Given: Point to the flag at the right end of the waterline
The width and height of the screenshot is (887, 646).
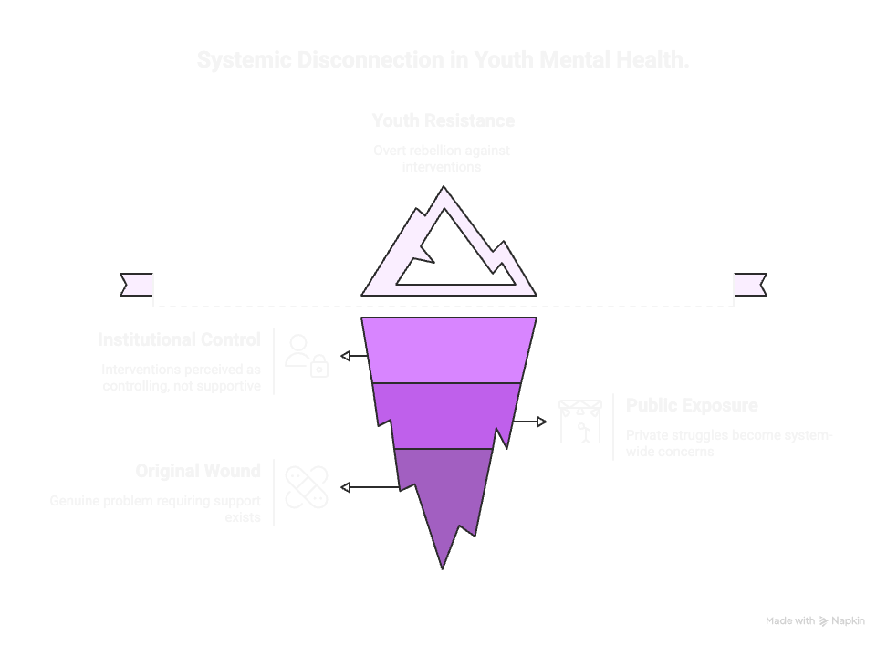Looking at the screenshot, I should (749, 285).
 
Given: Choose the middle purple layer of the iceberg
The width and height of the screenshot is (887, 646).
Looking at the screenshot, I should (447, 415).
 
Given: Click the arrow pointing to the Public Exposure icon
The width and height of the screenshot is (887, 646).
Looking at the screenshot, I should (529, 422).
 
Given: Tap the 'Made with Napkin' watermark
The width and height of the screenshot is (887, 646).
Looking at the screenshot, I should (815, 621).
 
